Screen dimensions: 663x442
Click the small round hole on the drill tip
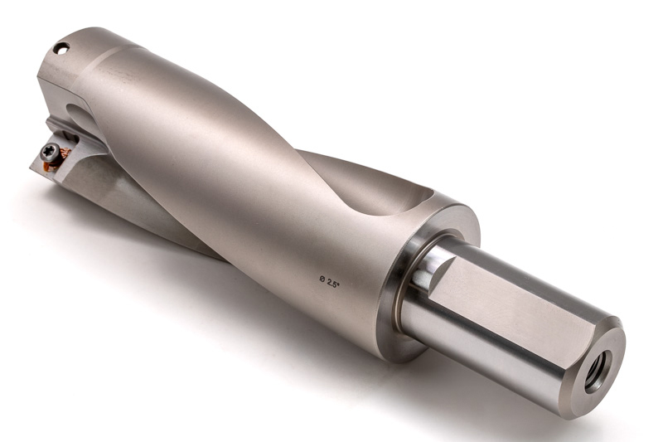[61, 48]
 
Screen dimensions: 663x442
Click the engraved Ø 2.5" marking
[330, 282]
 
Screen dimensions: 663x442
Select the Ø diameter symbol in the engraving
[322, 279]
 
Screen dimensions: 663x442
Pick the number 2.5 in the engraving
[333, 284]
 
